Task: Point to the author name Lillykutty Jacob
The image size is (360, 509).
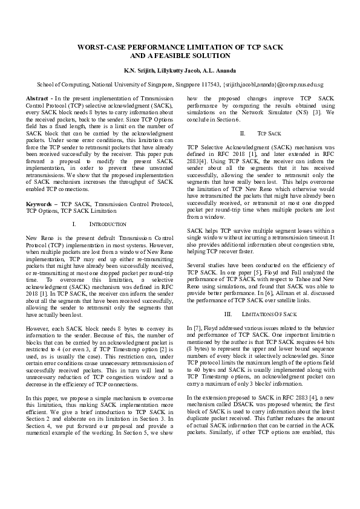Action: pos(180,71)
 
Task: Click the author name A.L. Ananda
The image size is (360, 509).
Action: pos(221,71)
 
